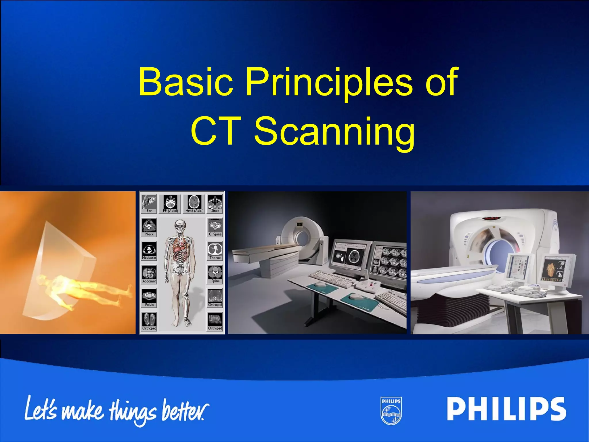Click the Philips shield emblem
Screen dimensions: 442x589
click(x=391, y=411)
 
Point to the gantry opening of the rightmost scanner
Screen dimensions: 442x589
click(x=499, y=253)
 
